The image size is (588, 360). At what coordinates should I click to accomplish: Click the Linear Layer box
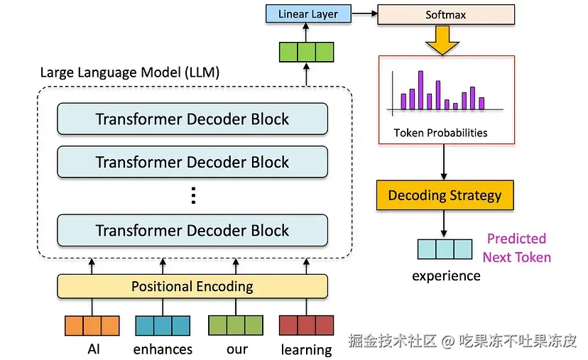(x=308, y=14)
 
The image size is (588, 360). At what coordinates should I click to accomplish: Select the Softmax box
(x=446, y=15)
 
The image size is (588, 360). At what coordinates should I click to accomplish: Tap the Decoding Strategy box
(x=445, y=195)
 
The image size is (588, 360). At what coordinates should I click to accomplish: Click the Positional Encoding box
(x=192, y=286)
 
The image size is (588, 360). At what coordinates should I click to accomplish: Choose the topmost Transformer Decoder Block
(x=192, y=119)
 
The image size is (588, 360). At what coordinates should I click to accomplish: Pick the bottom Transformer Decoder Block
(x=192, y=230)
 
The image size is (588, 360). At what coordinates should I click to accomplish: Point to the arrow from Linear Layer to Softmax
(x=364, y=13)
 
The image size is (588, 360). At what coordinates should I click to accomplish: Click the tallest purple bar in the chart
(x=420, y=90)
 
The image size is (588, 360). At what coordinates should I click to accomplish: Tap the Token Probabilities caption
(x=440, y=133)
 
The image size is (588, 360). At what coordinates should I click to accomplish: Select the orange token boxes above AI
(x=92, y=325)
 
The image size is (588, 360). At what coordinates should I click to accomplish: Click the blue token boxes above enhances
(x=163, y=325)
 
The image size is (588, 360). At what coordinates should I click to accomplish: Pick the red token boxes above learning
(x=306, y=325)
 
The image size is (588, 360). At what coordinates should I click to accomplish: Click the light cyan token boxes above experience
(x=445, y=249)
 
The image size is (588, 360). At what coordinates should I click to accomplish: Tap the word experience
(x=446, y=276)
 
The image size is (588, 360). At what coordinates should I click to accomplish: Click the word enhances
(x=163, y=349)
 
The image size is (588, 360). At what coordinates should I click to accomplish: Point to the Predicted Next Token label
(x=517, y=248)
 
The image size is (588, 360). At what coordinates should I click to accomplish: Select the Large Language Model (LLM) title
(x=130, y=72)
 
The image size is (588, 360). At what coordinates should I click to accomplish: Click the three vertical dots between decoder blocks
(x=193, y=195)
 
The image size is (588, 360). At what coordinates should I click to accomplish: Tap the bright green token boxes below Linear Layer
(x=306, y=52)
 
